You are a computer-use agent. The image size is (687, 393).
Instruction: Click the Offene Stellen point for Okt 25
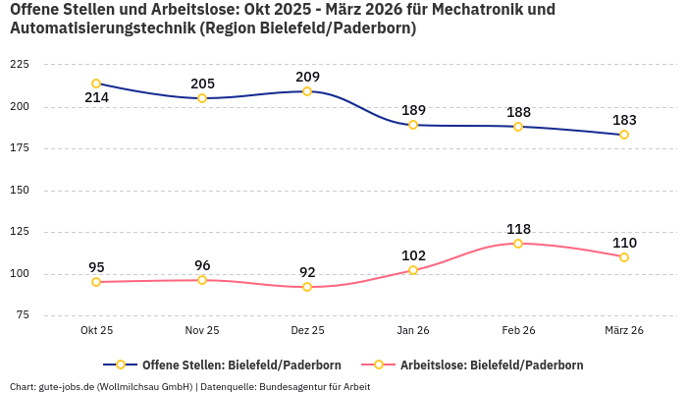[x=96, y=84]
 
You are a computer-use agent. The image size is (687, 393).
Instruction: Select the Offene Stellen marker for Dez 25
[x=307, y=91]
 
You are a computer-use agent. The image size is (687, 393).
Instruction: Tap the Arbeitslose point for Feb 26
[x=518, y=243]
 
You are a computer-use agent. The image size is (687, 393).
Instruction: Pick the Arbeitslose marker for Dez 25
[x=307, y=287]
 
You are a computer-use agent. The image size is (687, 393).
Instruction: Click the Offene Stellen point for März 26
[x=624, y=135]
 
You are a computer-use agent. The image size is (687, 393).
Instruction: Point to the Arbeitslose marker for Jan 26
[x=413, y=270]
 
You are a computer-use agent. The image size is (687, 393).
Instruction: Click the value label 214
[x=96, y=98]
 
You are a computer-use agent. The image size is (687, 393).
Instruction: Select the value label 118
[x=518, y=229]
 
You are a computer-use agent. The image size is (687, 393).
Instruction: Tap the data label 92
[x=307, y=272]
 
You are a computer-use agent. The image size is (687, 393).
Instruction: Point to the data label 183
[x=624, y=120]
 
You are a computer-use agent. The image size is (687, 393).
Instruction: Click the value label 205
[x=202, y=84]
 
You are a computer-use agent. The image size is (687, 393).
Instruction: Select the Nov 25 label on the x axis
[x=202, y=331]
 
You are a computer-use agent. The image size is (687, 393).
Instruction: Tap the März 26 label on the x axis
[x=624, y=331]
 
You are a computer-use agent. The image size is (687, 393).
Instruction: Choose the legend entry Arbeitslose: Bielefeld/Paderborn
[x=492, y=365]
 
